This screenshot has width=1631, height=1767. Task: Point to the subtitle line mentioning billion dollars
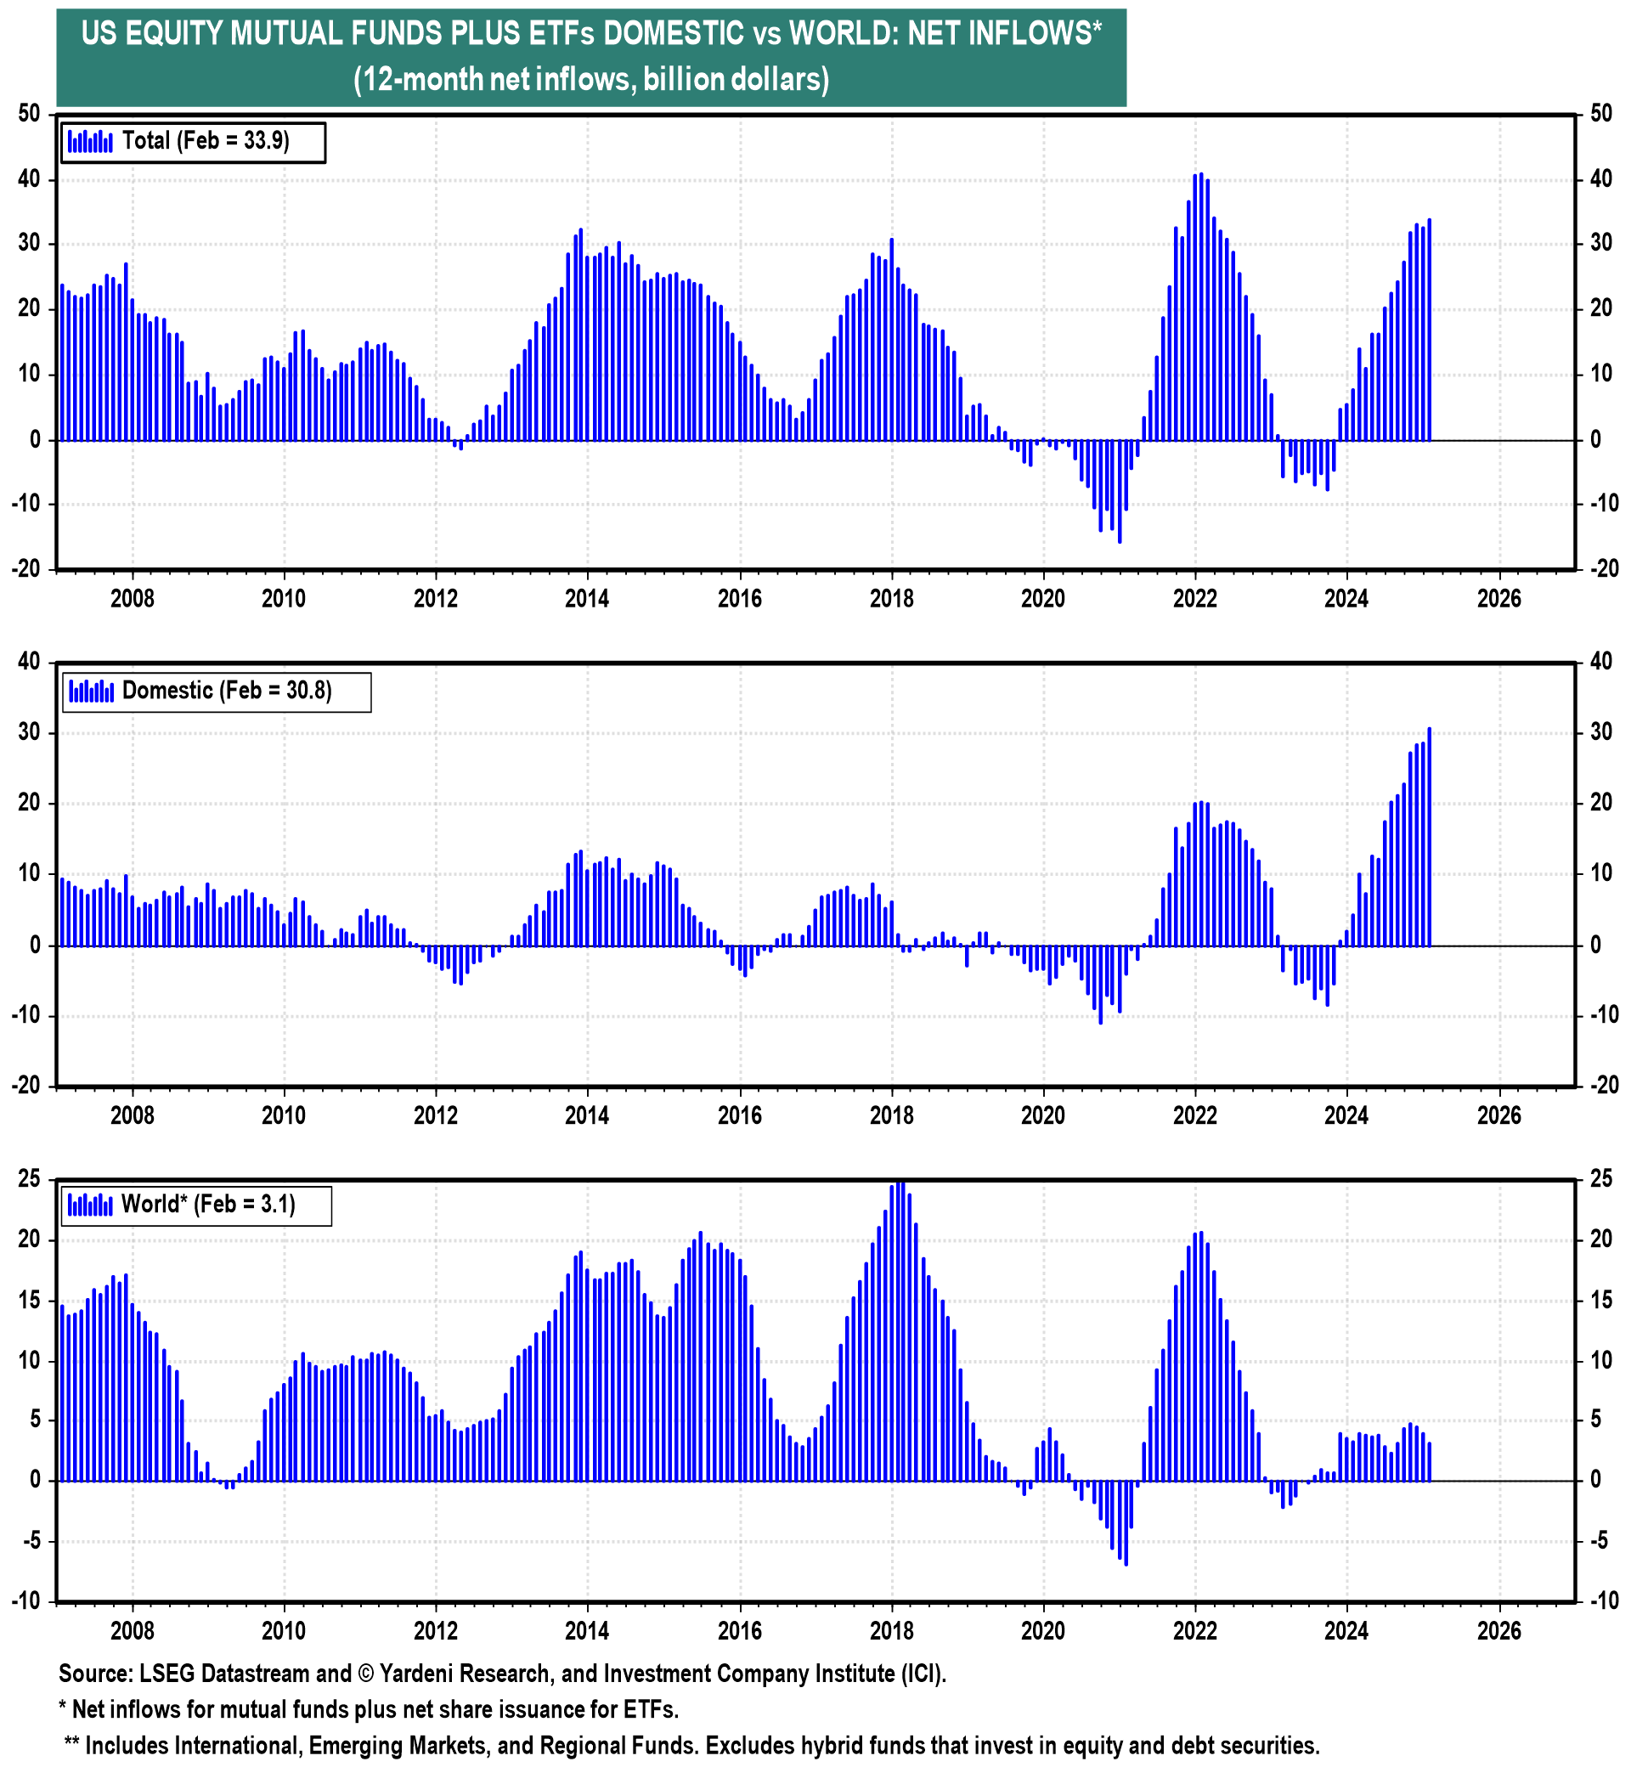point(591,81)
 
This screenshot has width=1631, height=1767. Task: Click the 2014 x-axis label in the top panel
point(587,599)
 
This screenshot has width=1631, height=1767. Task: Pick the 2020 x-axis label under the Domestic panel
point(1043,1115)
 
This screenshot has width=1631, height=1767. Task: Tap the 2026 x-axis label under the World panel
point(1498,1630)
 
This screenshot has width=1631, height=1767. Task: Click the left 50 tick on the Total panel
point(30,114)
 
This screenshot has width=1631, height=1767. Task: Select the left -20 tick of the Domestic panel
point(26,1087)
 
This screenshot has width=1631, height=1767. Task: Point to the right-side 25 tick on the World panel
point(1601,1180)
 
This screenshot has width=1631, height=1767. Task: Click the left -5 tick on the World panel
point(30,1541)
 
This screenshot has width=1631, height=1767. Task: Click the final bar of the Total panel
point(1429,330)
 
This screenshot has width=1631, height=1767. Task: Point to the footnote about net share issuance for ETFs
point(369,1709)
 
